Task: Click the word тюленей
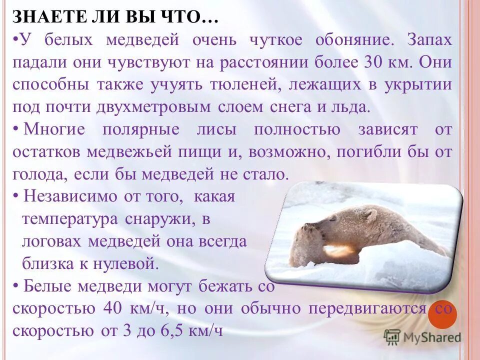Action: point(236,84)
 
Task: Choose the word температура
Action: point(70,219)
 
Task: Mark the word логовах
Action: point(53,242)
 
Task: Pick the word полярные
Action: point(140,129)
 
